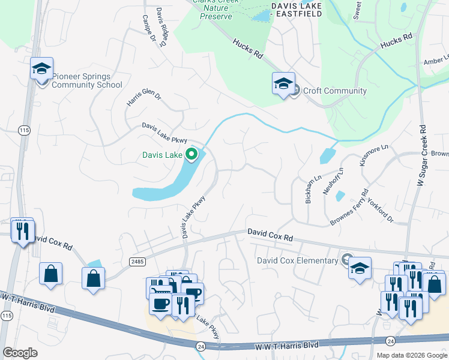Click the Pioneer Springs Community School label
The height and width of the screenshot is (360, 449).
click(x=86, y=80)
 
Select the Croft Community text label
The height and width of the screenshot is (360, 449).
click(x=334, y=91)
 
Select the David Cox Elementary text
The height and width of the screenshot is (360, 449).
click(x=297, y=260)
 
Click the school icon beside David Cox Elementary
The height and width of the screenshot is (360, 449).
click(x=360, y=269)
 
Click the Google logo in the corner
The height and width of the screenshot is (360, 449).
click(x=20, y=353)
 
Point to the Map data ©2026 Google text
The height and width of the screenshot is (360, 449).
click(x=411, y=355)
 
